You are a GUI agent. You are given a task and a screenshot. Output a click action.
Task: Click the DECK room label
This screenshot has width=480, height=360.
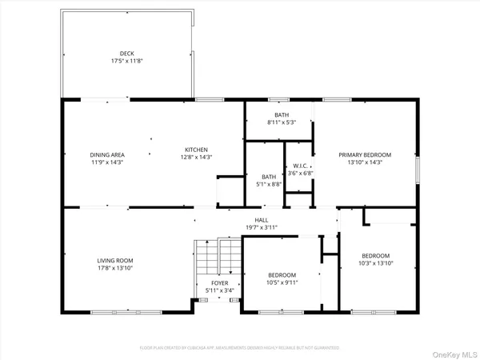[x=126, y=54]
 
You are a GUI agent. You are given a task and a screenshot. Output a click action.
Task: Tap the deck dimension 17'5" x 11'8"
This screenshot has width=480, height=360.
[x=126, y=61]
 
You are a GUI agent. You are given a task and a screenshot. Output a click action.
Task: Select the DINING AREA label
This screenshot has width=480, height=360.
[x=106, y=154]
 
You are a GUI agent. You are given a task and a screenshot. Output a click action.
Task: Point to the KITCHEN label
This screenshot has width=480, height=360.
[x=197, y=150]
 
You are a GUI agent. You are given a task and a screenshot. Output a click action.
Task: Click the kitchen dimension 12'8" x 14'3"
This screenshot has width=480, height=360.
[x=197, y=157]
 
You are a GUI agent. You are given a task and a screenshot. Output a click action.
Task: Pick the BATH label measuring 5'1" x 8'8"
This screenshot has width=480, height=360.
[x=269, y=176]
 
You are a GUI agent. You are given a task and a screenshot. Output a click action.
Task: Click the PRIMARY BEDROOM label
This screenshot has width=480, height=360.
[x=365, y=154]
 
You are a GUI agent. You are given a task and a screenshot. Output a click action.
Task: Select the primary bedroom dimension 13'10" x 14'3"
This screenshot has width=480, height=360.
[x=365, y=162]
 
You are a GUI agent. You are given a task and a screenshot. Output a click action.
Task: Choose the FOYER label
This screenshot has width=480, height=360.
[x=220, y=283]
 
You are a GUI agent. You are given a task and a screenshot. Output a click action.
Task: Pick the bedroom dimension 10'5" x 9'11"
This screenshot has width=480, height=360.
[x=281, y=282]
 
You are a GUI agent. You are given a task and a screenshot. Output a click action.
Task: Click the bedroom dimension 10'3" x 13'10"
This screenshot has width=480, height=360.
[x=375, y=262]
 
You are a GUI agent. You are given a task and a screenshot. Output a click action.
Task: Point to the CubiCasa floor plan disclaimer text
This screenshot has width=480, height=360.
[x=240, y=348]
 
